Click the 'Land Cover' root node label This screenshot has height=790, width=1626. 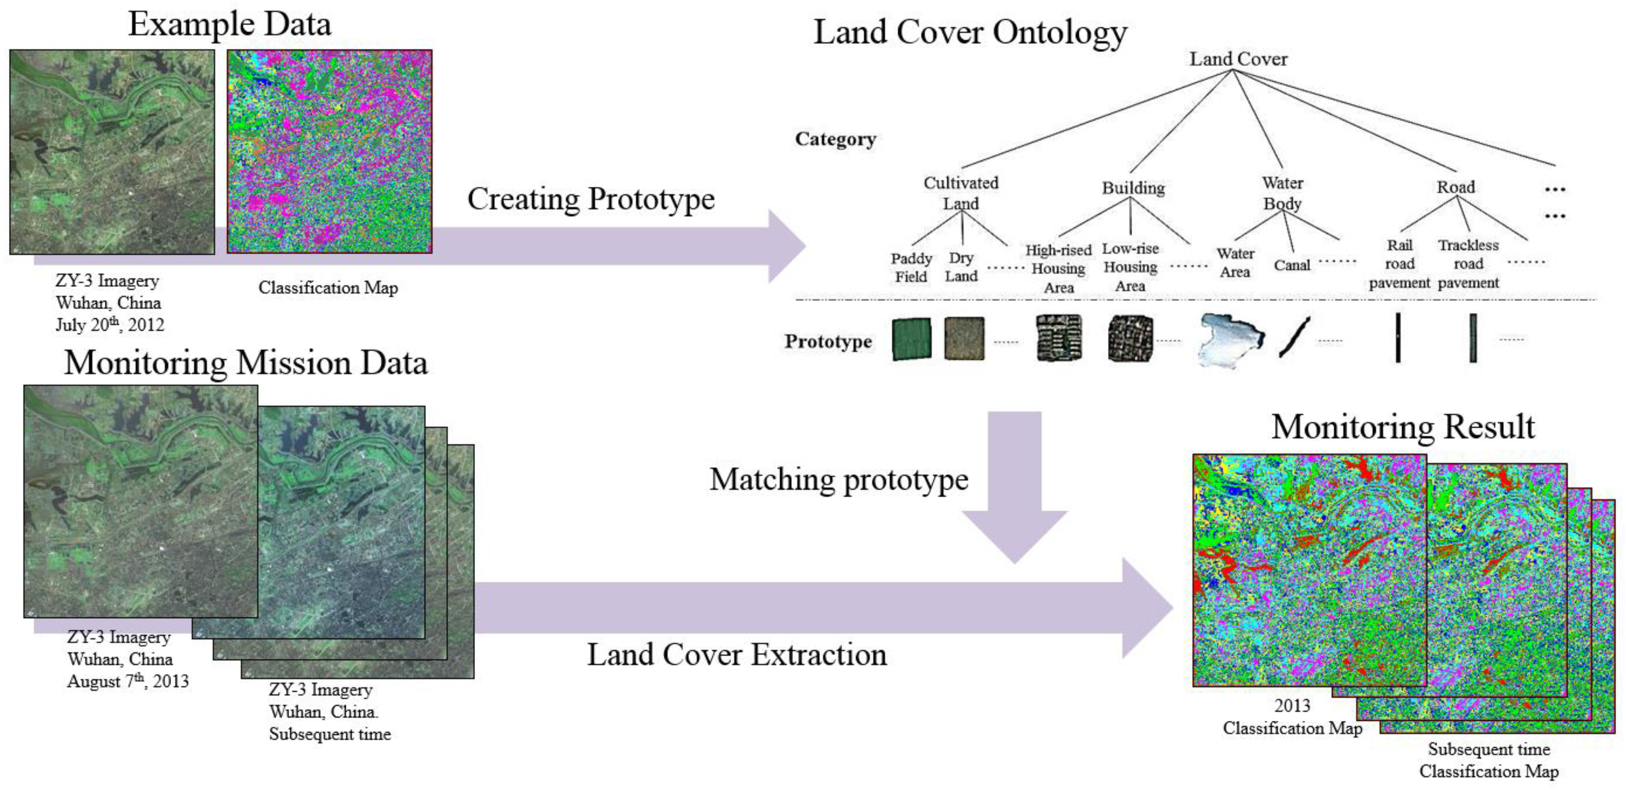pos(1238,59)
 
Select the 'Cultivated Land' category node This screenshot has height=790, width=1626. pos(961,193)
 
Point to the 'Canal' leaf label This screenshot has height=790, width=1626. pos(1292,265)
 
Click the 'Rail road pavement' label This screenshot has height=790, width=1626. pos(1399,264)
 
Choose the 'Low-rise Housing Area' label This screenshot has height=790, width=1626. pos(1130,267)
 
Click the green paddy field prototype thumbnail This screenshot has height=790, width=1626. pos(911,339)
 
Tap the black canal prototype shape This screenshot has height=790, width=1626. pos(1294,338)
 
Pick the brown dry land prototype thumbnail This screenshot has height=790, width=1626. pos(964,338)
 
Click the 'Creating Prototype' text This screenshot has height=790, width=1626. pos(591,199)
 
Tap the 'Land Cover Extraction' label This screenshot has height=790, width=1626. pos(737,655)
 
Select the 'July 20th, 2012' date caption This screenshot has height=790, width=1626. pos(109,324)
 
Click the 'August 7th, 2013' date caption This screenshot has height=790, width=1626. pos(128,681)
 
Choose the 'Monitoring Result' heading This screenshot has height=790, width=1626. pos(1403,427)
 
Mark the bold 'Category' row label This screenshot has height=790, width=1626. pos(835,139)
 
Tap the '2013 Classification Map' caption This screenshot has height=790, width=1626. pos(1292,717)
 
